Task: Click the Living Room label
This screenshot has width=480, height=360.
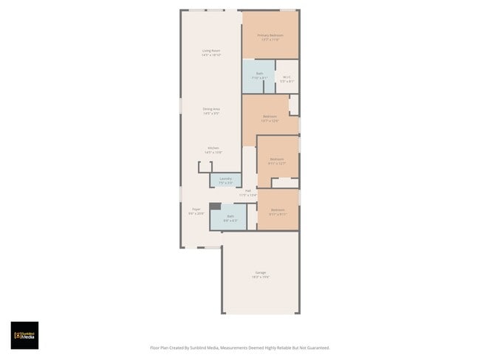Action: (212, 50)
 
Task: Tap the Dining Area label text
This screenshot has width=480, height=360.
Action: (212, 109)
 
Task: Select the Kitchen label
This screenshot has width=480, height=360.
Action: (213, 148)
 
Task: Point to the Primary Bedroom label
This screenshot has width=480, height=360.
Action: (270, 35)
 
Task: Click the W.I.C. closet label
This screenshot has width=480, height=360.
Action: (287, 77)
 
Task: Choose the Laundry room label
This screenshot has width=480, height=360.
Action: (225, 179)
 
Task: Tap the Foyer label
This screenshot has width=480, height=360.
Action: (196, 209)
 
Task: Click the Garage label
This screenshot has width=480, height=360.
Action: (261, 272)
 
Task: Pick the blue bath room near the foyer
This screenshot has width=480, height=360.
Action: (230, 218)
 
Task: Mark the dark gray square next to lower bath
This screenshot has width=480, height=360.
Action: (214, 207)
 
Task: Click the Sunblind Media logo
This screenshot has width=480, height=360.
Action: (24, 335)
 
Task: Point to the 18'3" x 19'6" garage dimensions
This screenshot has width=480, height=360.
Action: (261, 277)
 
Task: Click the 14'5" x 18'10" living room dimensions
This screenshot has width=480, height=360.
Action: (212, 55)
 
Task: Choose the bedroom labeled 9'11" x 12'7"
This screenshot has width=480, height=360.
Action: (278, 161)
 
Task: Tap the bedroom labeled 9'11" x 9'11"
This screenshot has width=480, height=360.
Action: (278, 212)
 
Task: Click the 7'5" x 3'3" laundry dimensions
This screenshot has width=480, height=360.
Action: (225, 183)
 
